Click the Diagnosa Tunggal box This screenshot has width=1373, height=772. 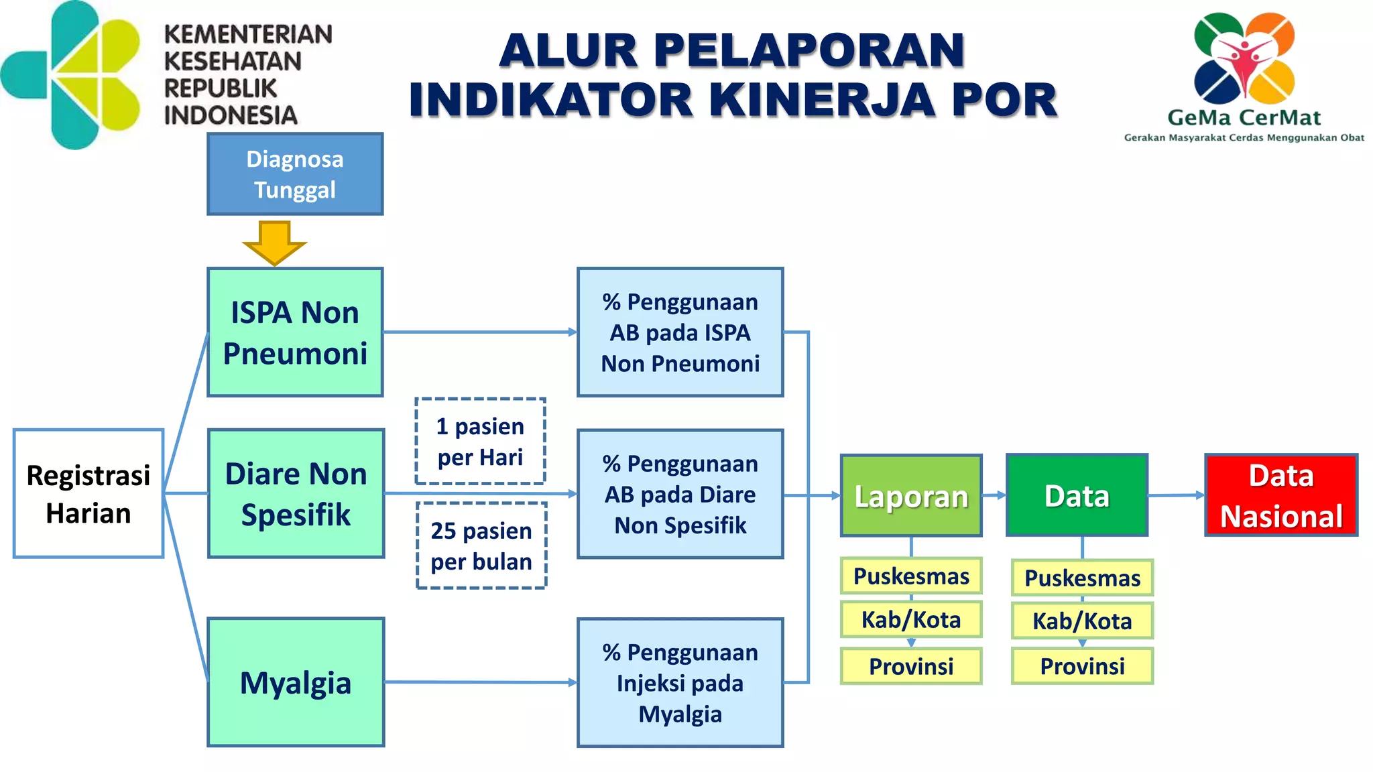point(295,174)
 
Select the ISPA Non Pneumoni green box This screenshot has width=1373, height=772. point(295,332)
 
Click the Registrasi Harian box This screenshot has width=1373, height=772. point(88,494)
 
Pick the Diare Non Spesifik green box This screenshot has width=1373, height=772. point(296,494)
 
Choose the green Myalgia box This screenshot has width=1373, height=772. point(296,682)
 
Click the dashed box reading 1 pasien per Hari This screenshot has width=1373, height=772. point(480,442)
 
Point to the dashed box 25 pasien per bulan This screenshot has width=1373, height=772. point(481,545)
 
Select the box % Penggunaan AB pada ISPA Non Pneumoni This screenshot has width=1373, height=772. point(680,332)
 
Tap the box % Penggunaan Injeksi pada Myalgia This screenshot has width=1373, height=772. point(680,682)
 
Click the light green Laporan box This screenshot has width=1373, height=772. point(911,496)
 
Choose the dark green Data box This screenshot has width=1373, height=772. point(1077,496)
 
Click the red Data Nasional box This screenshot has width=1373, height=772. point(1281,495)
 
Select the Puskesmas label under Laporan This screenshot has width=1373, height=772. point(911,576)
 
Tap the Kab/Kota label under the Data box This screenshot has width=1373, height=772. point(1082,621)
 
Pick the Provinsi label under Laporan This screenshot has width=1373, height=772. point(911,666)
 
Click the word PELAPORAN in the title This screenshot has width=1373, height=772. point(809,51)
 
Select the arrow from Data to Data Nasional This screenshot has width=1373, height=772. point(1177,495)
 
